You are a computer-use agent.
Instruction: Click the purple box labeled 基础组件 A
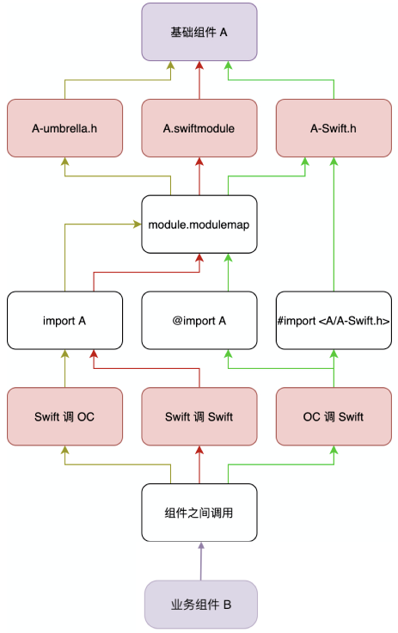199,32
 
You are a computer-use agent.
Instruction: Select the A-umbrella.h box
64,128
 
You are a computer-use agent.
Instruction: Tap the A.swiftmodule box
199,128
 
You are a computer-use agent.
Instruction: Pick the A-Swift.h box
334,128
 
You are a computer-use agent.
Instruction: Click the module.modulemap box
199,224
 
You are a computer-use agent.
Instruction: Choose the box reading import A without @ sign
64,320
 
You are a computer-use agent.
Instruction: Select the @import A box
199,320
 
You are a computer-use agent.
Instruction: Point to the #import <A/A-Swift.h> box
334,320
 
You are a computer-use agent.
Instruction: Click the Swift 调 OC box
64,416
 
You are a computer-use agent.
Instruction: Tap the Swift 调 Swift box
199,416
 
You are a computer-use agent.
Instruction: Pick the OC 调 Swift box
334,416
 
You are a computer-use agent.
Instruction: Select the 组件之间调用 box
199,513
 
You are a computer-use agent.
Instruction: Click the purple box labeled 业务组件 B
201,605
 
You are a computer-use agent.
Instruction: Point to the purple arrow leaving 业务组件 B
201,561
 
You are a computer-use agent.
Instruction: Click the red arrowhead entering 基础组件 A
199,65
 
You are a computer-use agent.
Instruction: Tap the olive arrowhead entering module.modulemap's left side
138,224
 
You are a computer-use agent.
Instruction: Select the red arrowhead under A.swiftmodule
199,161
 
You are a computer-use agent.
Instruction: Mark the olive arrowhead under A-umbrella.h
64,161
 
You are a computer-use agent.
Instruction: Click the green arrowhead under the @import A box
228,353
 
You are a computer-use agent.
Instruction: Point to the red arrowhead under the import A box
94,353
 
